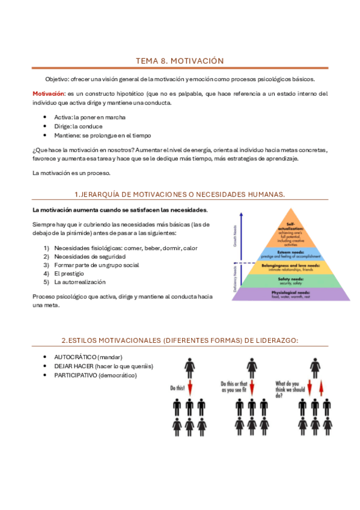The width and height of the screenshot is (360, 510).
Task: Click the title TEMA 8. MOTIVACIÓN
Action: click(180, 61)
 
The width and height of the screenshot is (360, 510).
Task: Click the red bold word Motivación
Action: click(49, 94)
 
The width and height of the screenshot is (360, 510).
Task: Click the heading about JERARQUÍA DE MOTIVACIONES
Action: click(180, 194)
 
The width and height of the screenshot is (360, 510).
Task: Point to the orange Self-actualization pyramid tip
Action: click(293, 225)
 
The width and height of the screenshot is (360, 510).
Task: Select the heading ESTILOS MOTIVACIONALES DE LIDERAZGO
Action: click(180, 340)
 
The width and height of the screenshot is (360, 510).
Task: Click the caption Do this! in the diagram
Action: click(177, 388)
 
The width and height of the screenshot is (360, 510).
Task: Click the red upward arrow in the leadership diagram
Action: click(322, 386)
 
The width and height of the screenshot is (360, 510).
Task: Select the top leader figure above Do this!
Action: click(190, 366)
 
